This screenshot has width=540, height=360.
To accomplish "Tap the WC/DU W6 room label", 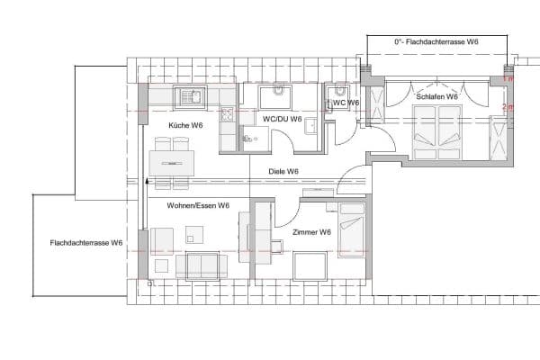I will [282, 119].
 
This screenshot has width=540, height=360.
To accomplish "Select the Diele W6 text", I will [283, 171].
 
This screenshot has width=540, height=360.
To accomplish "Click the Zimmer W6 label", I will [312, 232].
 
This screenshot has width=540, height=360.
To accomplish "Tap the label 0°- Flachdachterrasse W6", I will [436, 41].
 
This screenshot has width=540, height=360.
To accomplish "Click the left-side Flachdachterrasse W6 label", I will [86, 243].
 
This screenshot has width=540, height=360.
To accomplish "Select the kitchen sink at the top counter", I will [191, 94].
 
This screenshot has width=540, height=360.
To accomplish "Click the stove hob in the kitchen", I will [226, 115].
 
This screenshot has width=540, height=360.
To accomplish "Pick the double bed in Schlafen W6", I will [438, 128].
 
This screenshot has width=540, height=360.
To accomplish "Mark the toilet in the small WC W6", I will [339, 92].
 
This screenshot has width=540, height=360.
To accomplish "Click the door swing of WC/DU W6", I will [285, 141].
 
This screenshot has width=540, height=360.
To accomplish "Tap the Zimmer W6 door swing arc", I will [284, 214].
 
